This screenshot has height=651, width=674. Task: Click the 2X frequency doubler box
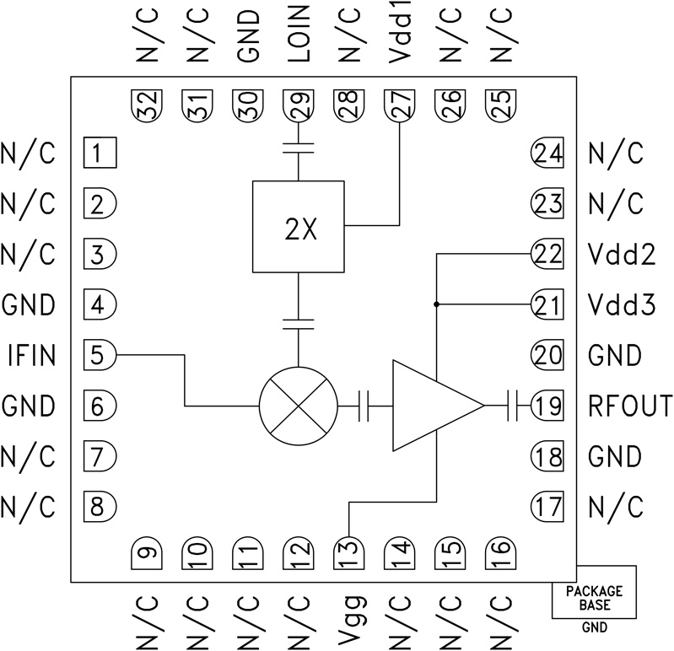point(299,225)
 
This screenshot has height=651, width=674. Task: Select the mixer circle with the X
point(299,406)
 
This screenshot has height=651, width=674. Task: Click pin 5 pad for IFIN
point(100,355)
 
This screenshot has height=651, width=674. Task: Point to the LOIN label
point(298,37)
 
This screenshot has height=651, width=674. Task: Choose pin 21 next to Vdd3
point(546,304)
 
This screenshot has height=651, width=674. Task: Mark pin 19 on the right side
point(546,406)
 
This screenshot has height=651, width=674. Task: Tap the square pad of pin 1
point(100,153)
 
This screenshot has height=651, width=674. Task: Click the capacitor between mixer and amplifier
point(364,406)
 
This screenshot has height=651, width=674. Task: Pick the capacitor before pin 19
point(513,406)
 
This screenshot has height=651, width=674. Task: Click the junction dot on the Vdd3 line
point(436,304)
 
